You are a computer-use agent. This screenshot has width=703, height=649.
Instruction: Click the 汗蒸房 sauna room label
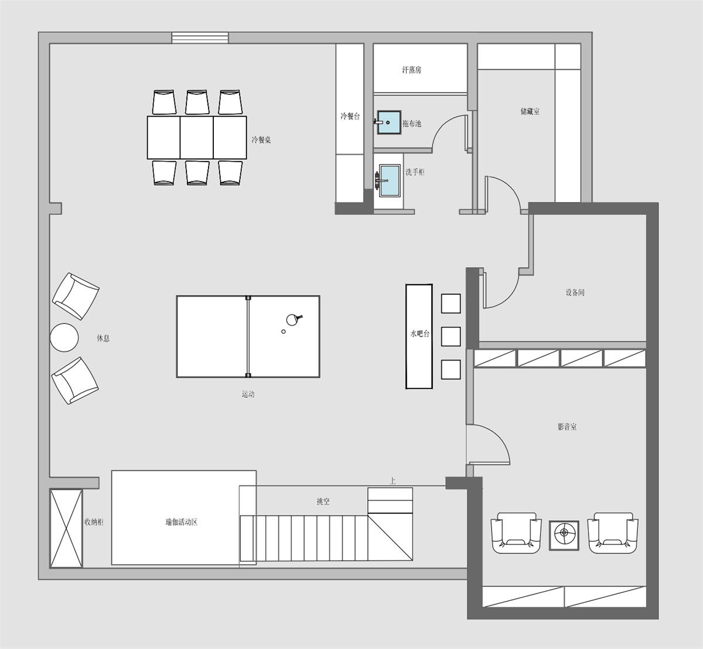(412, 70)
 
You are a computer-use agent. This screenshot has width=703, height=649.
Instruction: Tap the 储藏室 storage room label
(530, 111)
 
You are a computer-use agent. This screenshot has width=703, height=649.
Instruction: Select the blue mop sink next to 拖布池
(389, 122)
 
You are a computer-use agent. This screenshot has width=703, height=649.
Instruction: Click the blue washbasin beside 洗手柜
(390, 180)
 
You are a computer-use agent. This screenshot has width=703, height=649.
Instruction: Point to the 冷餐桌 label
(261, 140)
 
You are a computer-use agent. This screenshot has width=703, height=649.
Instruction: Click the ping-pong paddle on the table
(294, 319)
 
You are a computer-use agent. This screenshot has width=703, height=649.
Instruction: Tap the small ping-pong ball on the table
(283, 332)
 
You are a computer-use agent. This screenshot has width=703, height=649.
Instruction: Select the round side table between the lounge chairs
(64, 337)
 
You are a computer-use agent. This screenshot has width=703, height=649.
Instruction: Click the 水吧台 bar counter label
(420, 333)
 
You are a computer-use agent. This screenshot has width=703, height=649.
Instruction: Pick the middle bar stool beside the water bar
(451, 336)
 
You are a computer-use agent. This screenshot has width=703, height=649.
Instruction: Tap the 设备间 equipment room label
(575, 292)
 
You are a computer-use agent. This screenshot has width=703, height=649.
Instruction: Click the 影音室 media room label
(567, 426)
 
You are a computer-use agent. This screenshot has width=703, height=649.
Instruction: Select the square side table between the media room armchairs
(564, 535)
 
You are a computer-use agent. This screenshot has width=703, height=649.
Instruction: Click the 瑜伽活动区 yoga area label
(181, 522)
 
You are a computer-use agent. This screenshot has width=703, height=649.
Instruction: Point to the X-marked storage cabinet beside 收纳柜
(66, 528)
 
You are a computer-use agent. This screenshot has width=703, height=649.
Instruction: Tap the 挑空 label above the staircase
(323, 501)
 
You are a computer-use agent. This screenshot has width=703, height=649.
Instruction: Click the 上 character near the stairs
(393, 481)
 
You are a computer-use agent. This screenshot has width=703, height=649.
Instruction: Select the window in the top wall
(200, 37)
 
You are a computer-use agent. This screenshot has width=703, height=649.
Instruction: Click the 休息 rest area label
(103, 338)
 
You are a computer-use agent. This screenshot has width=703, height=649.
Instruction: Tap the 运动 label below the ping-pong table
(248, 394)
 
